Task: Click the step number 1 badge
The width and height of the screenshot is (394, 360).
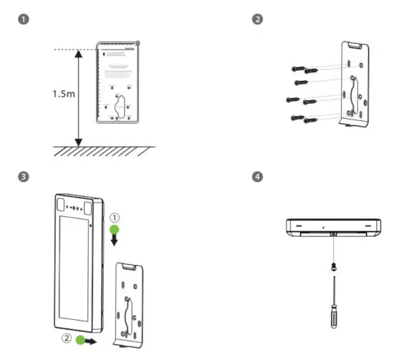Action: click(25, 20)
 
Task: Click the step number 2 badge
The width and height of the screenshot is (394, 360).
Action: click(258, 20)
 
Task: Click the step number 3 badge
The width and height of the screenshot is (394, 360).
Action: click(25, 176)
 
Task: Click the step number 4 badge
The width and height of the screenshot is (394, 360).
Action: click(258, 176)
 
